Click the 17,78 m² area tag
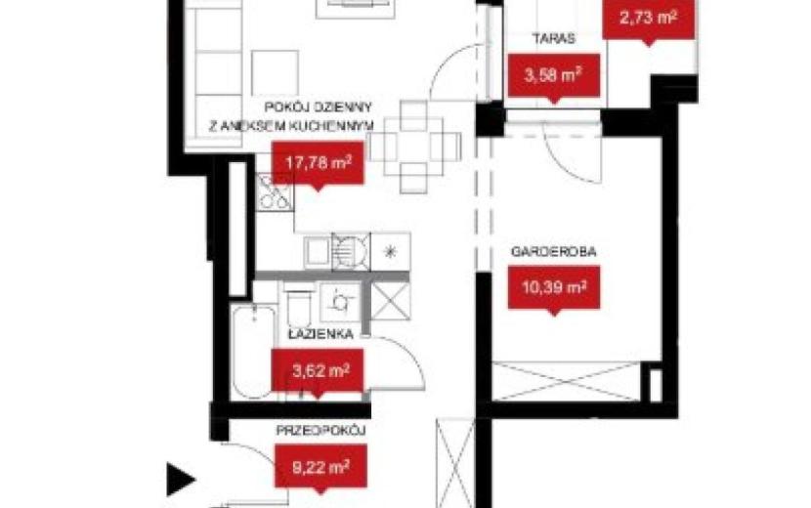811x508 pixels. coord(319,163)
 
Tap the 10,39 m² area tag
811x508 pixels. coord(554,287)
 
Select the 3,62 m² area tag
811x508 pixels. coord(318,370)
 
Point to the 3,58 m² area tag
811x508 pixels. coord(554,75)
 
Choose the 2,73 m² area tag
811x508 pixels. coord(649,19)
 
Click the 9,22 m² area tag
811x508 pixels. coord(320,467)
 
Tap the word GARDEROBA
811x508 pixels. coord(553,252)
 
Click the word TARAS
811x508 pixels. coord(554,39)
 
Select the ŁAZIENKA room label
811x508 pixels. coord(320,335)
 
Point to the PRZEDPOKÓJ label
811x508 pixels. coord(320,431)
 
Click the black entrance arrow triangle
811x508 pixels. coord(180,480)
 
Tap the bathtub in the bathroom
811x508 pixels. coord(253,352)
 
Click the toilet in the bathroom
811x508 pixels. coord(298,304)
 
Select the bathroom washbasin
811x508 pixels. coord(340,302)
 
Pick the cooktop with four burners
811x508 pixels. coord(275,191)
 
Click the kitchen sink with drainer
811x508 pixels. coord(336,251)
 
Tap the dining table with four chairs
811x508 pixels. coord(413,147)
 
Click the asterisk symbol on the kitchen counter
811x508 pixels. coord(391,252)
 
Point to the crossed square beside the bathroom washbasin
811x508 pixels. coord(391,302)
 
